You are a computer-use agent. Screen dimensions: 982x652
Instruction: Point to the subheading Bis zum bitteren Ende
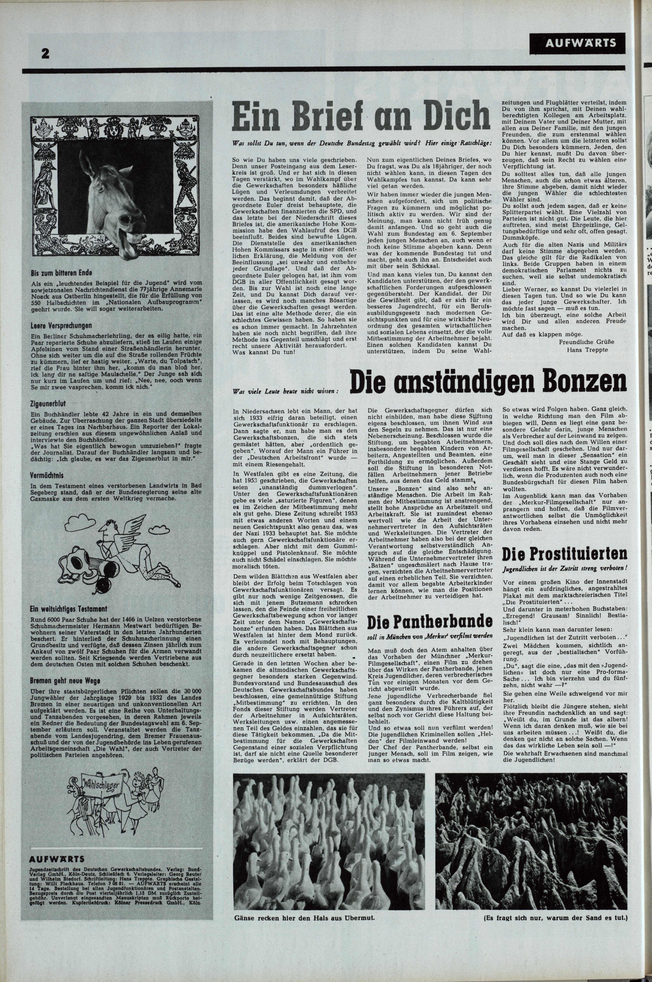[61, 273]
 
